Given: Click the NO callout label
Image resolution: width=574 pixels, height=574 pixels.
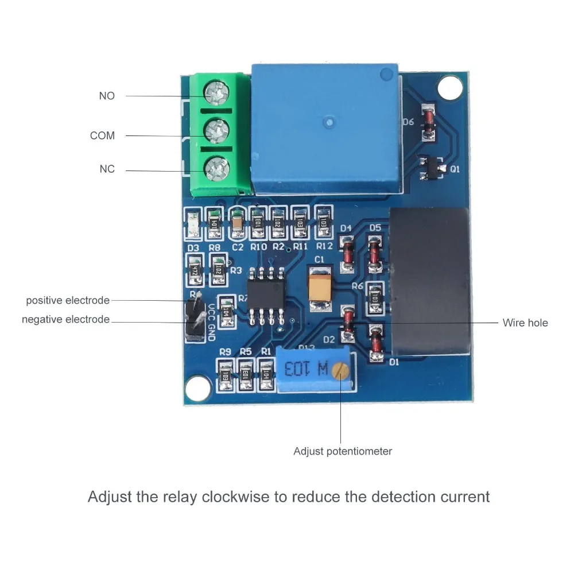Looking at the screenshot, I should click(x=107, y=96).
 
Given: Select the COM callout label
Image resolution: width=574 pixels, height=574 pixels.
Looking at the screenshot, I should click(x=102, y=135).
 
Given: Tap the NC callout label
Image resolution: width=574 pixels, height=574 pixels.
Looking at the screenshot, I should click(x=107, y=169).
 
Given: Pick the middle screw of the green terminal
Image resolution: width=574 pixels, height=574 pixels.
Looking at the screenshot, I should click(x=216, y=129).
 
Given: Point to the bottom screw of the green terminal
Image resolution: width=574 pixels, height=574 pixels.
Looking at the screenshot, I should click(x=217, y=167).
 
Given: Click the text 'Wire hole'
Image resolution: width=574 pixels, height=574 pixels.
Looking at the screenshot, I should click(x=525, y=323).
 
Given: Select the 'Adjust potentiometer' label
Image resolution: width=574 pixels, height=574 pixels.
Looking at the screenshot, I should click(x=343, y=451).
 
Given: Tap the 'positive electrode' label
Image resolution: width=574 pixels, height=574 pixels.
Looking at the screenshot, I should click(x=67, y=300).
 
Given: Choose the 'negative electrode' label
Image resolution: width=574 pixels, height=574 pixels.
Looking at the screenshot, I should click(x=65, y=319).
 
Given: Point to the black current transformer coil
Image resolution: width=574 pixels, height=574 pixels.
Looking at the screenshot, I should click(x=430, y=281).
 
